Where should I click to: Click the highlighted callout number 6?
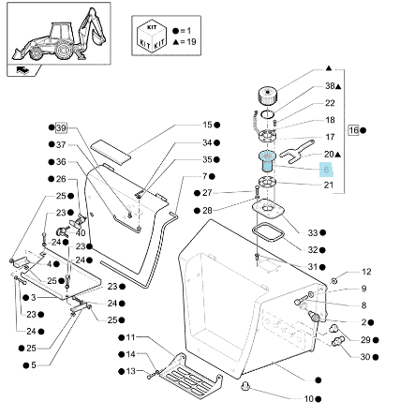point(326,170)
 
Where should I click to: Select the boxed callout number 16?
point(353,130)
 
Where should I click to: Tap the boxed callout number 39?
point(61,127)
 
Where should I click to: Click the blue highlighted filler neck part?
point(267,160)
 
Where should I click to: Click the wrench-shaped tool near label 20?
point(297,152)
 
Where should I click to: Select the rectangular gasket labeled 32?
point(268,232)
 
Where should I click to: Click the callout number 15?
point(207,125)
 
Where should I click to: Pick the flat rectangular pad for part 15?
point(111,152)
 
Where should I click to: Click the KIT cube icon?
point(152,36)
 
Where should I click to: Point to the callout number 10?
point(308,399)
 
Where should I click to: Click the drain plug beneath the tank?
point(245,386)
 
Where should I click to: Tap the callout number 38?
point(330,86)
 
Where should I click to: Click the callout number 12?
point(366,272)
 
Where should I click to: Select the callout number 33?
point(313,232)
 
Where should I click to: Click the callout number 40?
point(81,233)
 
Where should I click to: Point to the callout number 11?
point(130,337)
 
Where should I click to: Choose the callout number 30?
point(365,357)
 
